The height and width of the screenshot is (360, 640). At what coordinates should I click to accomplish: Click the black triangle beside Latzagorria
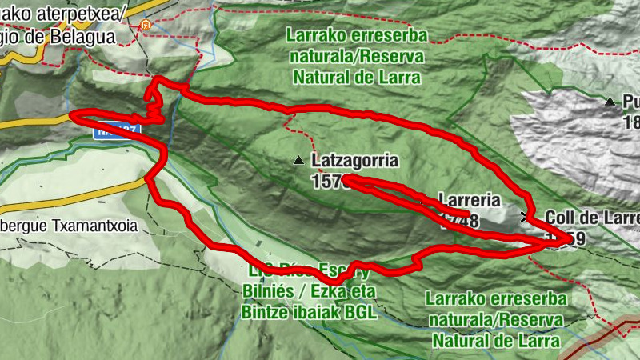click(298, 161)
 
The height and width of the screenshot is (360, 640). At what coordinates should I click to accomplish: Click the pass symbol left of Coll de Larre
click(526, 216)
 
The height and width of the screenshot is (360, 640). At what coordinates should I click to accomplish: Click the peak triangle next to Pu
click(610, 102)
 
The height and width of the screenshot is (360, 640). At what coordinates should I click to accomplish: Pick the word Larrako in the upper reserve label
click(313, 38)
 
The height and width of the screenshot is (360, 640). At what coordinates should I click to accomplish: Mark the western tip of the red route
click(72, 114)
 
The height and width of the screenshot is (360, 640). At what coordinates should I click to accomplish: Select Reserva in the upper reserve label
click(391, 58)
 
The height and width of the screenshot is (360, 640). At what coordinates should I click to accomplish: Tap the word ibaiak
click(310, 313)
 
